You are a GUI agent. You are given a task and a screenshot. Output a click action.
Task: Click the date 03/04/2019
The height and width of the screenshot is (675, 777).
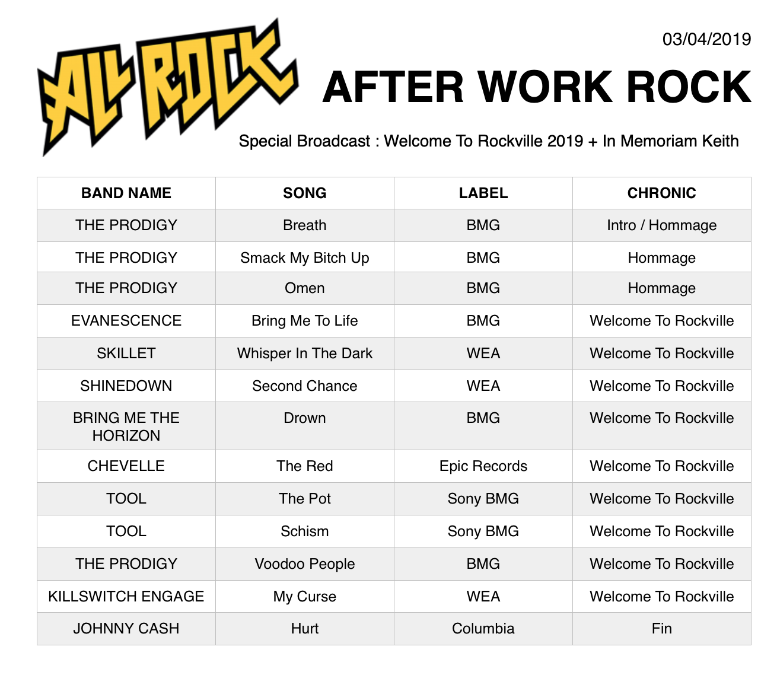tap(706, 40)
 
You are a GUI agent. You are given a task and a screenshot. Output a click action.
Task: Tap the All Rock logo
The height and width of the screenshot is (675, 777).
tap(167, 87)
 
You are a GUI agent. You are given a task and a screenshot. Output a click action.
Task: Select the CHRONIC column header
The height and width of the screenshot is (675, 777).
tap(661, 193)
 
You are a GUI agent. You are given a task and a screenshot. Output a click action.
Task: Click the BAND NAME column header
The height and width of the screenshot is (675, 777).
tap(126, 193)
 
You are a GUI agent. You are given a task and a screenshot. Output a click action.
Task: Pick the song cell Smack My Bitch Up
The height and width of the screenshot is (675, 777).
tap(304, 258)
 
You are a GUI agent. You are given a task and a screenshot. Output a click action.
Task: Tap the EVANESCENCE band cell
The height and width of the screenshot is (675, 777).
tap(126, 320)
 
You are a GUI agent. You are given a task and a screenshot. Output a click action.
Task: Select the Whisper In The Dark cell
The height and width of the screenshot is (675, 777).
tap(304, 353)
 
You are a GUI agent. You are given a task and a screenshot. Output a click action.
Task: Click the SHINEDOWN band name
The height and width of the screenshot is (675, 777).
tap(126, 386)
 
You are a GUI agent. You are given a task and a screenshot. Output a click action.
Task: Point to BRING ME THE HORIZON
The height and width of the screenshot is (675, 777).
tap(126, 426)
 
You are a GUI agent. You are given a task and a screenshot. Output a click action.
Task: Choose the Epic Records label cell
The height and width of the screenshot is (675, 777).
tap(483, 466)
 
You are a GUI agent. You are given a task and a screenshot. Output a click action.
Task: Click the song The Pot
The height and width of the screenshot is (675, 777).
tap(304, 498)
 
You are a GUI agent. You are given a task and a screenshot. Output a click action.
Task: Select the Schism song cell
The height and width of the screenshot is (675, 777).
tap(304, 531)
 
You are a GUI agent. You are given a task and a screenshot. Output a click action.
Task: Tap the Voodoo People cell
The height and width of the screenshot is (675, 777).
tap(304, 563)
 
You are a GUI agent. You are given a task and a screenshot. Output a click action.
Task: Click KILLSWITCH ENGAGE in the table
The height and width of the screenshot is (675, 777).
tap(126, 597)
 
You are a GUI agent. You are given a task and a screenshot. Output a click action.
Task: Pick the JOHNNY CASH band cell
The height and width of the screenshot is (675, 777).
tap(126, 628)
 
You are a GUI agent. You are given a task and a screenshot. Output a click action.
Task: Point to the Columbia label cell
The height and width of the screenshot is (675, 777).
tap(483, 628)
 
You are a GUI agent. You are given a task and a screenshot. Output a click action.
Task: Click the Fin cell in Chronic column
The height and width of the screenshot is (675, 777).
tap(661, 628)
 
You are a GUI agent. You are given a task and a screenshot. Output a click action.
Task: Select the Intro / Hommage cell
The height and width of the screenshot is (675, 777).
tap(661, 225)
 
